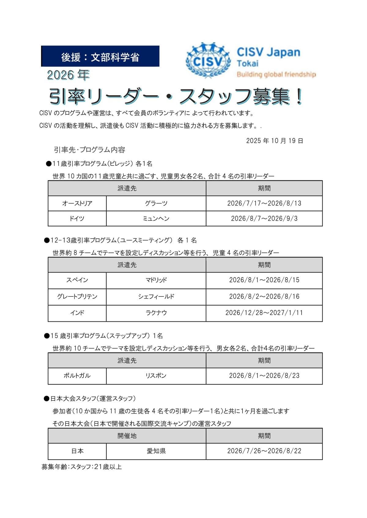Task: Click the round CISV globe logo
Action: [x=208, y=60]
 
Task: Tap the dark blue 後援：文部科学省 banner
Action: [x=100, y=56]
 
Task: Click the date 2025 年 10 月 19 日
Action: [x=274, y=141]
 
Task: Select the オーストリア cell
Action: [x=77, y=203]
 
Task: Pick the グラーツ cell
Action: [x=156, y=203]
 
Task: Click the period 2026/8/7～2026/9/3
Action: [x=264, y=219]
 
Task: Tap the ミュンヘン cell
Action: [x=156, y=219]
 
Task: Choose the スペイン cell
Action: [x=77, y=280]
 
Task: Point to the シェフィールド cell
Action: [x=156, y=296]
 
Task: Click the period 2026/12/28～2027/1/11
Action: [x=264, y=313]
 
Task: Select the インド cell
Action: [x=77, y=313]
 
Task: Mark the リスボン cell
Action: [x=156, y=376]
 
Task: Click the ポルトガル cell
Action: [x=77, y=376]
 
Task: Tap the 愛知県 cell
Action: [x=156, y=451]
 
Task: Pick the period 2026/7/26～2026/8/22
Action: [x=264, y=451]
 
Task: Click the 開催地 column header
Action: [x=127, y=436]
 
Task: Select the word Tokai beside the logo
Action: [x=248, y=63]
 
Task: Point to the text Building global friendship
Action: [x=276, y=74]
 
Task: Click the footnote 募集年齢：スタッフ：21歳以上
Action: [x=82, y=467]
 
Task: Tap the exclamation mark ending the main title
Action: [x=299, y=97]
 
